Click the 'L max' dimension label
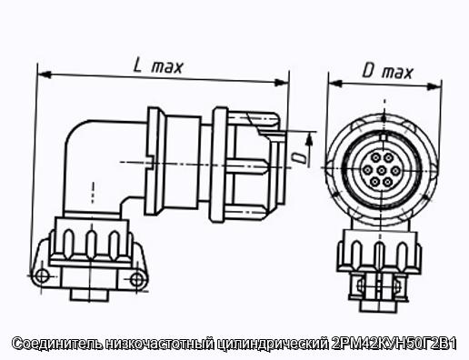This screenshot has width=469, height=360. tap(158, 66)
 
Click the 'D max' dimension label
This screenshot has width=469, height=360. tap(387, 73)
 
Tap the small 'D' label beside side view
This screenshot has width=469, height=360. tap(301, 158)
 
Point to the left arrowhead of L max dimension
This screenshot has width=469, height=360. tap(44, 75)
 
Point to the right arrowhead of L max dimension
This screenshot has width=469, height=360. tap(282, 82)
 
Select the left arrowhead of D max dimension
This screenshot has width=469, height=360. tap(335, 84)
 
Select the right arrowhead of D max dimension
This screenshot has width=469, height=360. tap(434, 86)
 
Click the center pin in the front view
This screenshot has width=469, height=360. tap(382, 170)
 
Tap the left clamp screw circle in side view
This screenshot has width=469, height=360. tap(42, 276)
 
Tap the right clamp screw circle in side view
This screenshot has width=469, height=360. tap(137, 279)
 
